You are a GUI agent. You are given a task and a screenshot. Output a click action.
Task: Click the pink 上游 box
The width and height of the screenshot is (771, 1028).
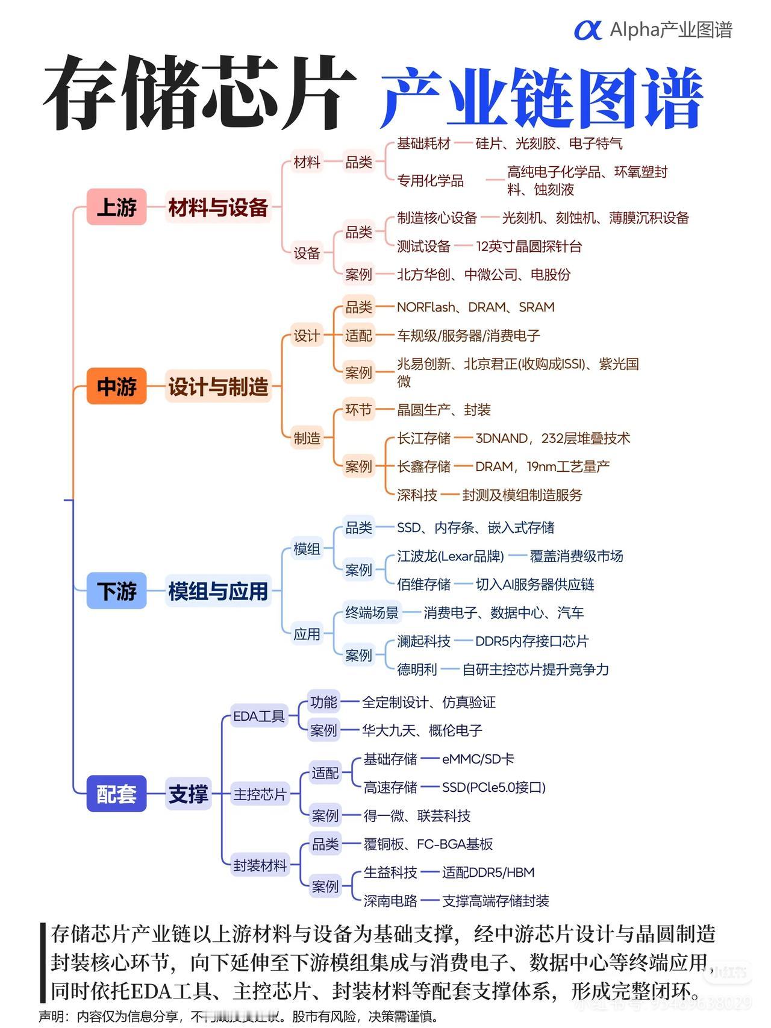pyautogui.click(x=116, y=207)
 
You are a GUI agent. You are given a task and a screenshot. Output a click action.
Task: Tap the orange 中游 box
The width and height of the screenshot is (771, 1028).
pyautogui.click(x=116, y=386)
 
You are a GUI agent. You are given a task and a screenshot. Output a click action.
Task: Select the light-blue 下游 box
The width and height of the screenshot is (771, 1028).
pyautogui.click(x=116, y=591)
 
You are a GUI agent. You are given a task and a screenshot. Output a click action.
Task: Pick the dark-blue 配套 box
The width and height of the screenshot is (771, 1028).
pyautogui.click(x=116, y=794)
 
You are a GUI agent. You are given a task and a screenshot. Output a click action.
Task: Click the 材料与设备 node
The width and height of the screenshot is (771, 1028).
pyautogui.click(x=218, y=207)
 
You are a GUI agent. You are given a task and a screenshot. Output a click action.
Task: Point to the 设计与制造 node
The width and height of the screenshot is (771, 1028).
pyautogui.click(x=218, y=386)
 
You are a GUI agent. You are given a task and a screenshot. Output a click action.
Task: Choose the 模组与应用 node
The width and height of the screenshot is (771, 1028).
pyautogui.click(x=218, y=591)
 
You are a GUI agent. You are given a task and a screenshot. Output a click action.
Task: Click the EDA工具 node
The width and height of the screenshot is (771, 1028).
pyautogui.click(x=258, y=716)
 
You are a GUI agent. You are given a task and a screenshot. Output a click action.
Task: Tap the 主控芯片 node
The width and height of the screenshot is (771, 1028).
pyautogui.click(x=260, y=794)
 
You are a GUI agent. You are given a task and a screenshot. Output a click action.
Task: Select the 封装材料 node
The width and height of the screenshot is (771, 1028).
pyautogui.click(x=260, y=865)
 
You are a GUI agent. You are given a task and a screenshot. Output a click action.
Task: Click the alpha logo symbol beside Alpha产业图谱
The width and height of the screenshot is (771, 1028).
pyautogui.click(x=587, y=30)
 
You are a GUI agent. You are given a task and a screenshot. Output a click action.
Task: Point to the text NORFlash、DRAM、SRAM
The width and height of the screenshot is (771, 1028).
pyautogui.click(x=475, y=307)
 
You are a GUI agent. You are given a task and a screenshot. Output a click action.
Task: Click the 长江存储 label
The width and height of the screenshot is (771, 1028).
pyautogui.click(x=423, y=438)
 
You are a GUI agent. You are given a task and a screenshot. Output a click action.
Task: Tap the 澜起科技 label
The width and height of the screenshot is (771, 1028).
pyautogui.click(x=423, y=641)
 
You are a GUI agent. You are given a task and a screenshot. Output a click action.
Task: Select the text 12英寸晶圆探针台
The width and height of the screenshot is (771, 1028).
pyautogui.click(x=529, y=246)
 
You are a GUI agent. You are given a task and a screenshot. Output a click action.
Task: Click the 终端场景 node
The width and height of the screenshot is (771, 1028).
pyautogui.click(x=372, y=613)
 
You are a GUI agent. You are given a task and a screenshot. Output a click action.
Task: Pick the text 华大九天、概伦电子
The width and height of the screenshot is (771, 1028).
pyautogui.click(x=422, y=730)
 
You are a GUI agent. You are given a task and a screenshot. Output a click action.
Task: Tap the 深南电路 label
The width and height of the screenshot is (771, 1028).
pyautogui.click(x=390, y=901)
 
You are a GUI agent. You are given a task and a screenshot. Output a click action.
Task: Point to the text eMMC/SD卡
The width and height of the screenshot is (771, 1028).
pyautogui.click(x=478, y=759)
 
